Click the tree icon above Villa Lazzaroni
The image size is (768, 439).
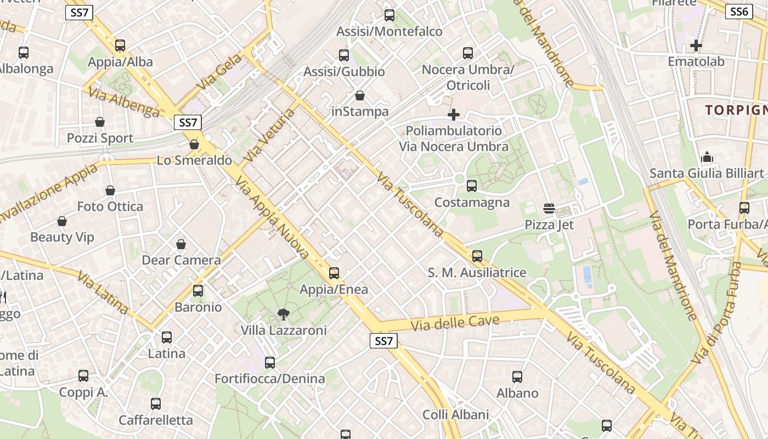(x=283, y=314)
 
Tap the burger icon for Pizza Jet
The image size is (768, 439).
(x=549, y=209)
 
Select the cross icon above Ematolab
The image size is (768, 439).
(x=696, y=45)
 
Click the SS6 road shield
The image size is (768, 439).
(x=738, y=12)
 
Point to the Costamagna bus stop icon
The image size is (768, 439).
(x=471, y=186)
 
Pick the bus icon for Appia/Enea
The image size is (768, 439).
(x=334, y=273)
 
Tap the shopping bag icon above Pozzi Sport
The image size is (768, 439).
(x=100, y=121)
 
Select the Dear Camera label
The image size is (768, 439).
(x=181, y=260)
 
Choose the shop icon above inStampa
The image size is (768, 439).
(x=360, y=95)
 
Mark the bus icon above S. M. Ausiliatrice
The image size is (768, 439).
(x=477, y=256)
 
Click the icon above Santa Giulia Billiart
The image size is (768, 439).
(x=707, y=157)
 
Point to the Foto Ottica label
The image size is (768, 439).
(x=110, y=207)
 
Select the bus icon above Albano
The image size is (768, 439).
(x=517, y=377)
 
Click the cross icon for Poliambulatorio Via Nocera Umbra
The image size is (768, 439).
(x=454, y=115)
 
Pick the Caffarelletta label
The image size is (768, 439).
(x=156, y=420)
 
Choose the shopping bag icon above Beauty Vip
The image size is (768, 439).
(x=62, y=221)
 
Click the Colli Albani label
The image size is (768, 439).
(x=455, y=414)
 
